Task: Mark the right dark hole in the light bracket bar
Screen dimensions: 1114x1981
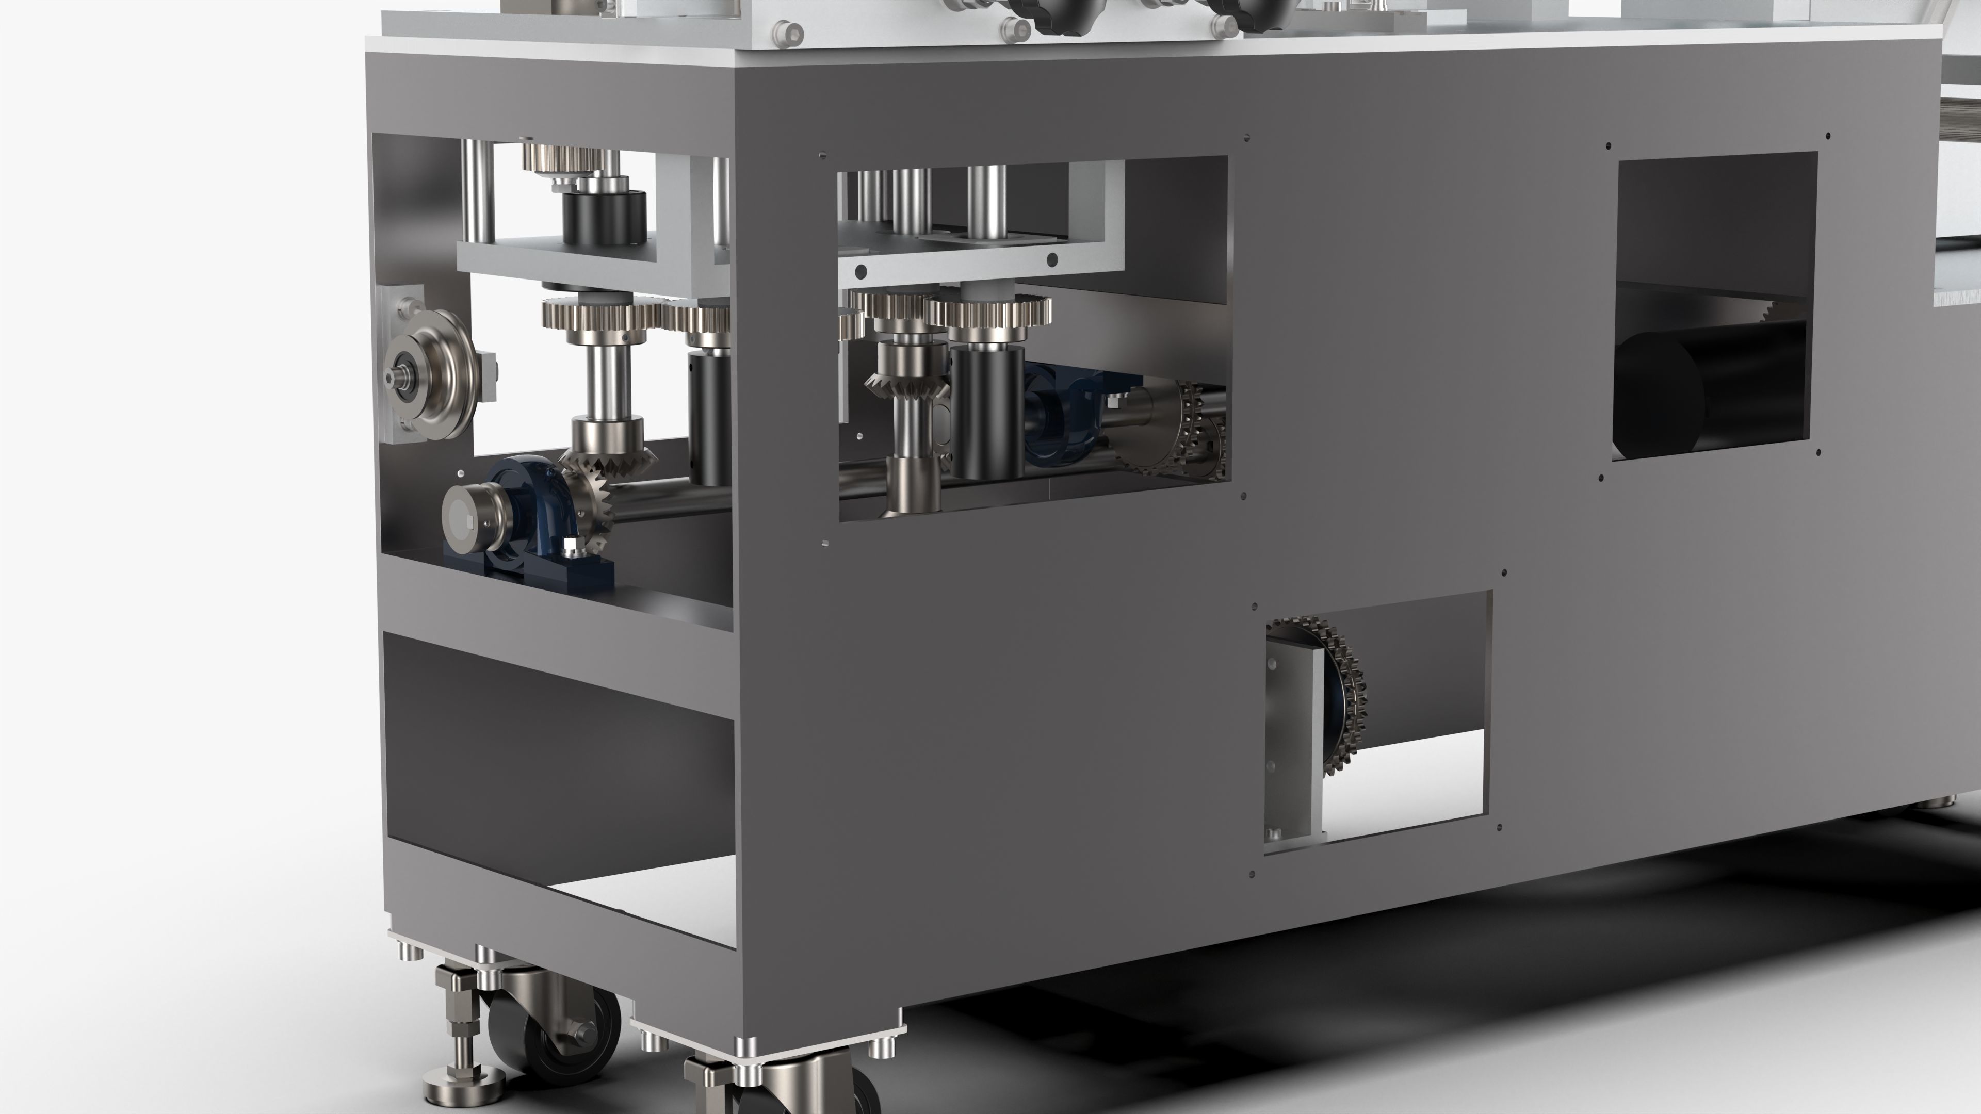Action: click(x=1052, y=260)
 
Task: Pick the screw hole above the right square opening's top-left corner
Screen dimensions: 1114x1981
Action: click(x=1608, y=144)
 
